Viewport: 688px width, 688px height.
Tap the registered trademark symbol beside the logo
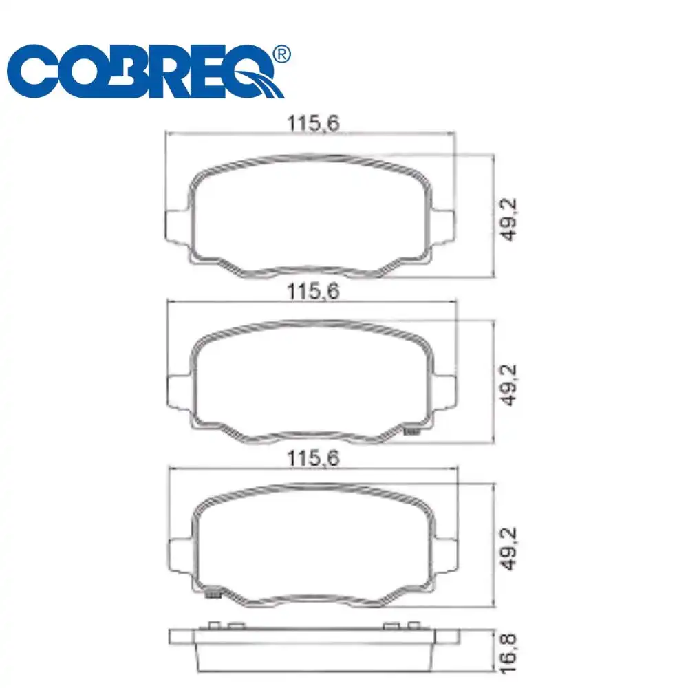point(281,54)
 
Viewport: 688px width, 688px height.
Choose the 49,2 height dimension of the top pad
point(510,218)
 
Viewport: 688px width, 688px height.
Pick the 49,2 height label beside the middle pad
point(510,385)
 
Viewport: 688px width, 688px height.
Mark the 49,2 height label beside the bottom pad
point(510,549)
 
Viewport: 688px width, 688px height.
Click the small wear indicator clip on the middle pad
point(412,431)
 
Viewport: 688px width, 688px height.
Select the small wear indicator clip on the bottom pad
point(213,593)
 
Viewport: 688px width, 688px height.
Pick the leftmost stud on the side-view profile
point(213,625)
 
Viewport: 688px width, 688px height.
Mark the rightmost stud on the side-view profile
point(413,625)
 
